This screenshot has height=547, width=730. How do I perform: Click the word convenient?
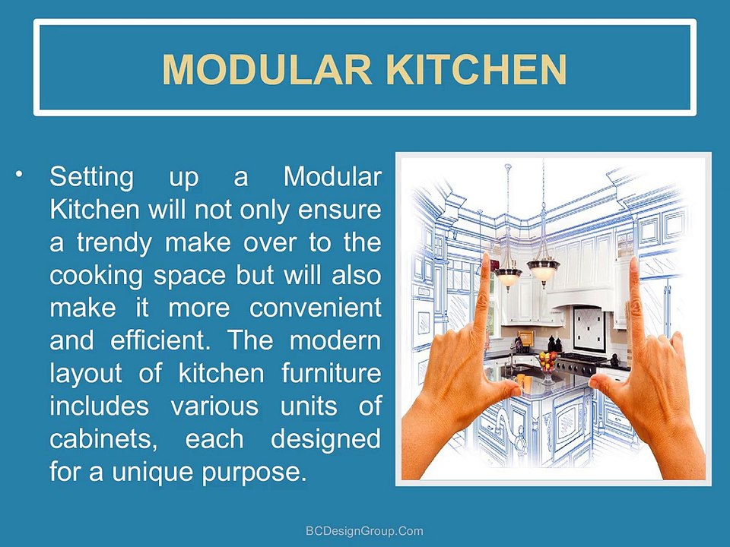point(315,308)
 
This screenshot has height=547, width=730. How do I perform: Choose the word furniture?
point(331,374)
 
